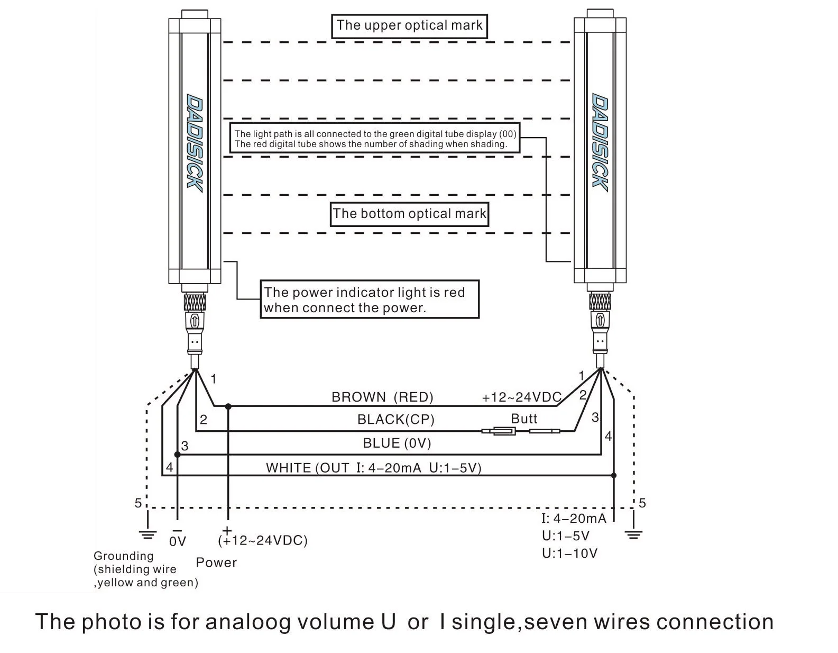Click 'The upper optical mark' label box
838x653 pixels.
pyautogui.click(x=409, y=26)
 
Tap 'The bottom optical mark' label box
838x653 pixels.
pyautogui.click(x=409, y=214)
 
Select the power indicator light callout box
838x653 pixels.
pyautogui.click(x=370, y=300)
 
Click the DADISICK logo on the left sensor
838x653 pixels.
pyautogui.click(x=195, y=143)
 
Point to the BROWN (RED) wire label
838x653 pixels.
pyautogui.click(x=382, y=397)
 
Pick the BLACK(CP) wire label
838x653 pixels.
pyautogui.click(x=395, y=420)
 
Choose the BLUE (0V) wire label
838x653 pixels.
pyautogui.click(x=397, y=443)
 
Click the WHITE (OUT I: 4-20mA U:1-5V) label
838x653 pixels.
pyautogui.click(x=374, y=468)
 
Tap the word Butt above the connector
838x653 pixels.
pyautogui.click(x=524, y=419)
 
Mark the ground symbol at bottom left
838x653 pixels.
pyautogui.click(x=148, y=535)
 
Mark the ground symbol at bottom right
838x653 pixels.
pyautogui.click(x=633, y=535)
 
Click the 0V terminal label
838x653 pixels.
pyautogui.click(x=178, y=541)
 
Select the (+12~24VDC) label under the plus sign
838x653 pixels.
pyautogui.click(x=263, y=541)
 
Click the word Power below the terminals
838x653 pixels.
pyautogui.click(x=216, y=563)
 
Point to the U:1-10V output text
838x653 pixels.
pyautogui.click(x=569, y=554)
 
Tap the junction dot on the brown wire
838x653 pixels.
pyautogui.click(x=228, y=406)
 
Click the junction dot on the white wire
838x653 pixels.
pyautogui.click(x=613, y=476)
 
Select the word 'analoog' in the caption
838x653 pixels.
pyautogui.click(x=247, y=622)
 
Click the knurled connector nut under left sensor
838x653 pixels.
pyautogui.click(x=195, y=302)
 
